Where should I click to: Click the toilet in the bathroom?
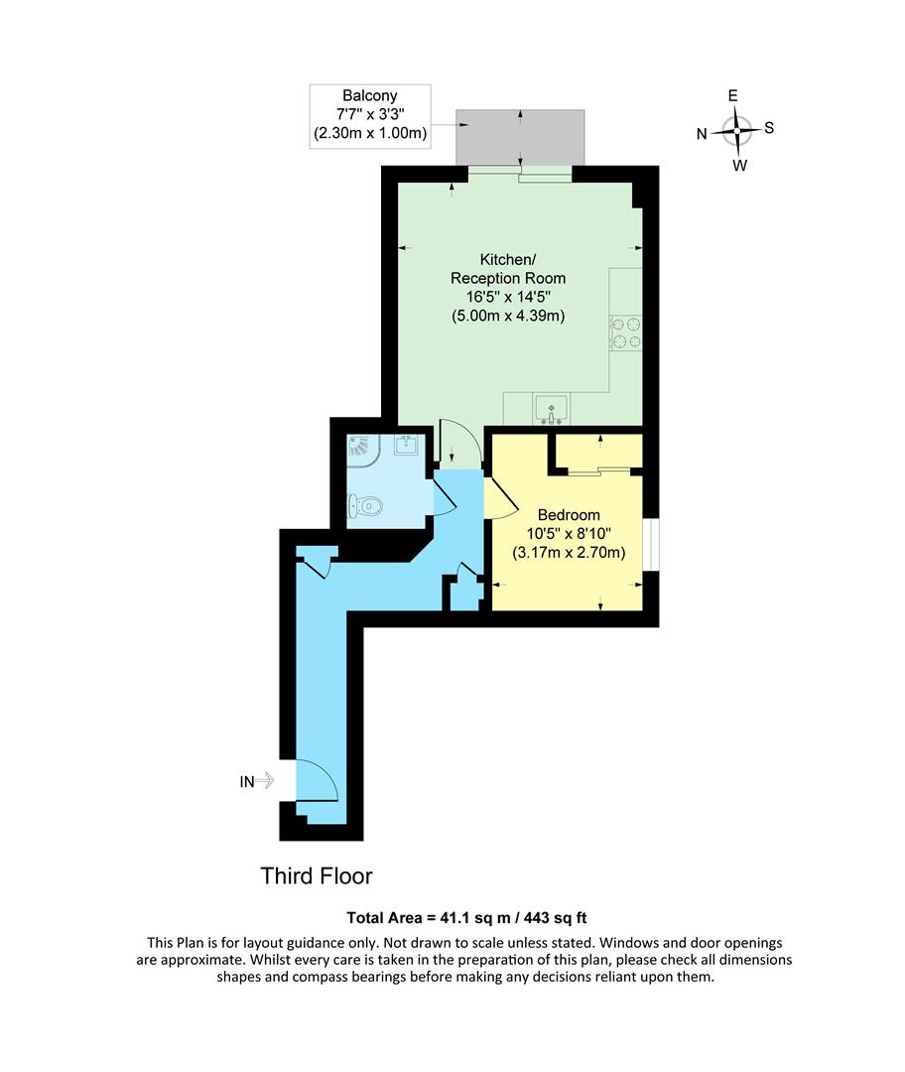tap(365, 506)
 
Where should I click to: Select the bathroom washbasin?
tap(406, 445)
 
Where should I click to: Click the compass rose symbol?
tap(735, 130)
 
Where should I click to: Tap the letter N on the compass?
tap(702, 134)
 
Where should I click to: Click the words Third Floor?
tap(317, 876)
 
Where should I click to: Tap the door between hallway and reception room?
tap(457, 443)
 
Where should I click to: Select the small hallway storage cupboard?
tap(464, 594)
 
